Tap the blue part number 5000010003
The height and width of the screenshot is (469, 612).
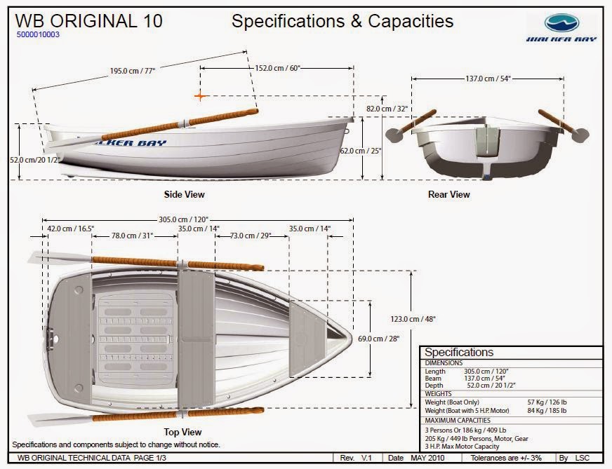37,34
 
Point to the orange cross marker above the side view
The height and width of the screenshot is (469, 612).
200,96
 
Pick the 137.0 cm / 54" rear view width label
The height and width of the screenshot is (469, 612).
488,79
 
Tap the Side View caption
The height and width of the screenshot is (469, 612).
185,194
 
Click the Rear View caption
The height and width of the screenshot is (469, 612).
448,194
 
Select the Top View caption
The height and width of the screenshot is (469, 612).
183,432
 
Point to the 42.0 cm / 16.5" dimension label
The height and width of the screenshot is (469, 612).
71,229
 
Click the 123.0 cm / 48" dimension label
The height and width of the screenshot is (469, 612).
413,319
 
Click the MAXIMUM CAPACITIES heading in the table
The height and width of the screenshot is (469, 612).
457,420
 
